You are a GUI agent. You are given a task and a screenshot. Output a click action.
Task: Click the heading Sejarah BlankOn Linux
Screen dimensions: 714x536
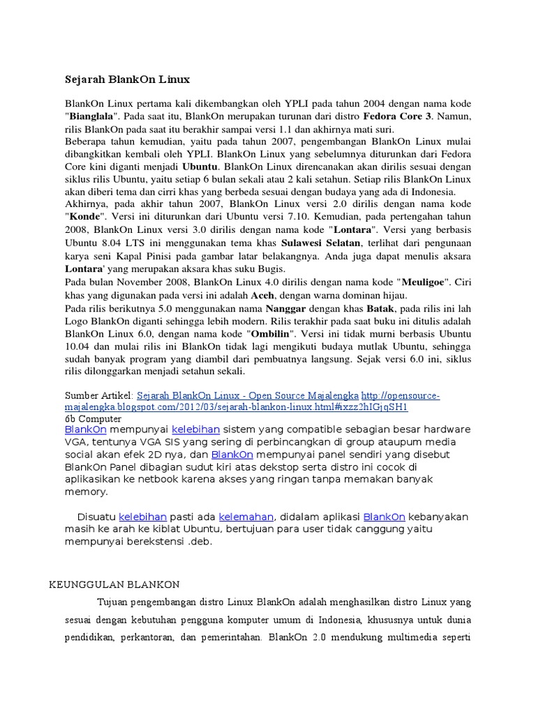point(127,79)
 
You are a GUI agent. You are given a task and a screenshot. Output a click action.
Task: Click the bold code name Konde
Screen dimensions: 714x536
point(86,217)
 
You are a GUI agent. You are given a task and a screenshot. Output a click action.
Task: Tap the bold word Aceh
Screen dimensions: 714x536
point(262,294)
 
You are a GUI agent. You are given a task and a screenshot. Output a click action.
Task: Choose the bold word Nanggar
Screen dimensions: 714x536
point(289,307)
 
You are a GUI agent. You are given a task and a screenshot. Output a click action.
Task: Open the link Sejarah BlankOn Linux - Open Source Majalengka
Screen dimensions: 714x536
point(247,395)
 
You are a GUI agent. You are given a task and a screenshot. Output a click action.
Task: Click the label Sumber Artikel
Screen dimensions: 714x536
point(98,395)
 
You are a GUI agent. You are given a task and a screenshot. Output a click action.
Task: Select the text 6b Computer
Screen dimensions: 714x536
point(93,419)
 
